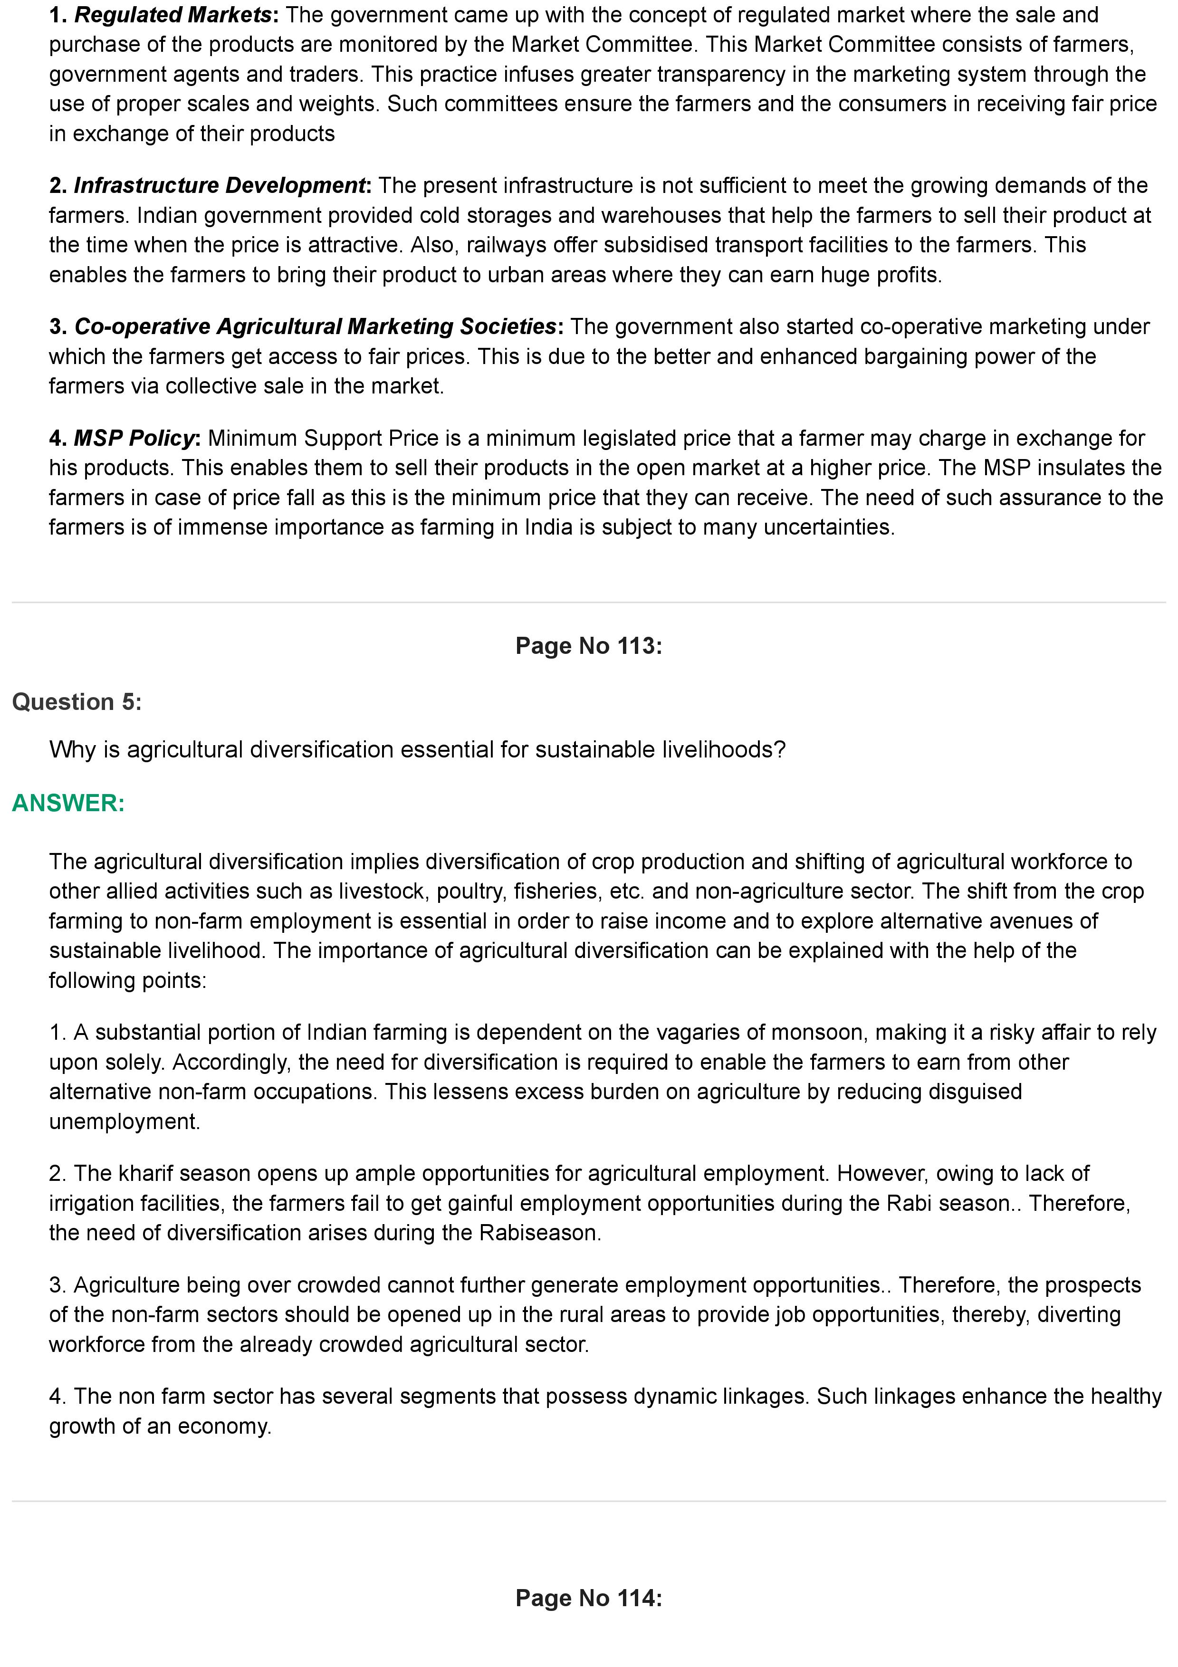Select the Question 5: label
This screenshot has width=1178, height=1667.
77,701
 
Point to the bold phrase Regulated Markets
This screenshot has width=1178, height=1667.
173,15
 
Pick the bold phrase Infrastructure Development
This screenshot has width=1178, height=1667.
219,185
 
